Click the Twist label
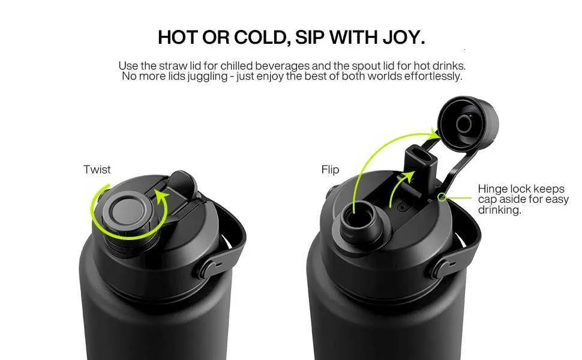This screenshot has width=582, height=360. (97, 170)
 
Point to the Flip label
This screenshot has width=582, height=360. (331, 170)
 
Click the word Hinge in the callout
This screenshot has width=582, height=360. (493, 189)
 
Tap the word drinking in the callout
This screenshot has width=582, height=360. (499, 210)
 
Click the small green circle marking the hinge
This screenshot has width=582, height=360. (442, 197)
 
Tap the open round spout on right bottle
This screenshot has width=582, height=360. (361, 223)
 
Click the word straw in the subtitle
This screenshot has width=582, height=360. (174, 66)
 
